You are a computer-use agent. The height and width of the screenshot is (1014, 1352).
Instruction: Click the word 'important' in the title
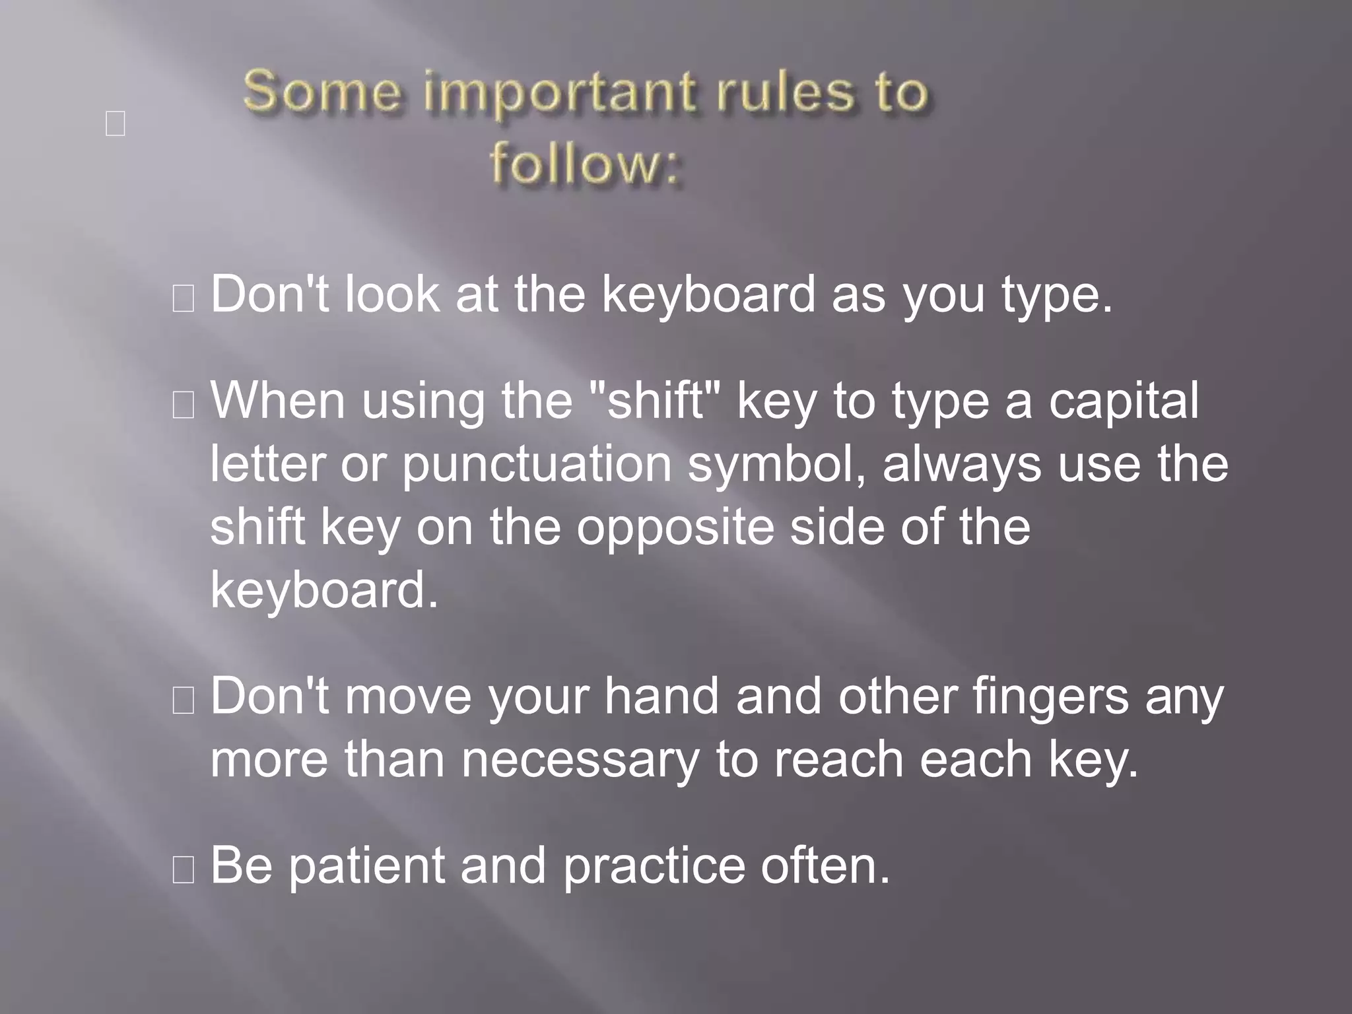[558, 93]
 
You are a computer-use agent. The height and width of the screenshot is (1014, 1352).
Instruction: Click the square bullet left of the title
[116, 123]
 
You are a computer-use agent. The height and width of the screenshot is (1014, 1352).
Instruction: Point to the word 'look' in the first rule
[392, 294]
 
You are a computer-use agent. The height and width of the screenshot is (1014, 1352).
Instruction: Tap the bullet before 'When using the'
[183, 405]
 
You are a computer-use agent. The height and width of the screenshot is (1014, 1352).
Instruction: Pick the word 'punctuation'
[537, 463]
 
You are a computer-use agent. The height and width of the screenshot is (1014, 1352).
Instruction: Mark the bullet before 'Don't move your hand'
[183, 700]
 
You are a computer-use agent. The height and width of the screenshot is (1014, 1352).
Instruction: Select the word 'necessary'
[580, 759]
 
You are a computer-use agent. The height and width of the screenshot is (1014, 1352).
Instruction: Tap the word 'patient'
[366, 866]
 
